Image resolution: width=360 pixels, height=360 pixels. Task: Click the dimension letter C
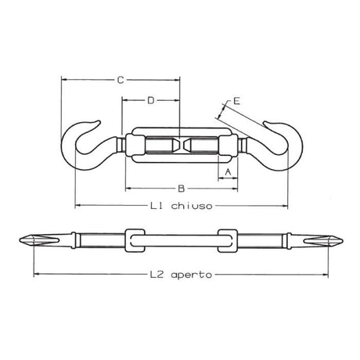119,80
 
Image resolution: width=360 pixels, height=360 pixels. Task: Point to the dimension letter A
227,170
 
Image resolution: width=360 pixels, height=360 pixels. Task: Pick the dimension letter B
181,189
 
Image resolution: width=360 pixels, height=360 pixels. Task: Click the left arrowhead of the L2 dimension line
36,275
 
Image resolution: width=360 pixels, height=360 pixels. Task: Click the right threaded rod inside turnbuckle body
202,145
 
